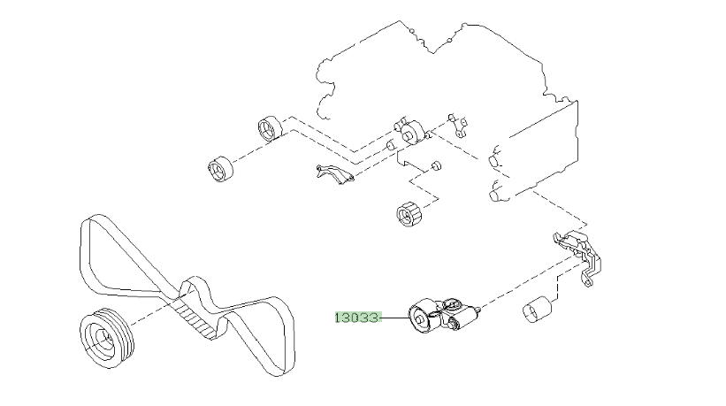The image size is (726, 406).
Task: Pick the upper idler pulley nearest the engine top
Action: pyautogui.click(x=269, y=128)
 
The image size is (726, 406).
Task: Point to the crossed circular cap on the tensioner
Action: pyautogui.click(x=453, y=306)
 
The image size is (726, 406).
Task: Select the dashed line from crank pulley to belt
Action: pyautogui.click(x=150, y=306)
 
